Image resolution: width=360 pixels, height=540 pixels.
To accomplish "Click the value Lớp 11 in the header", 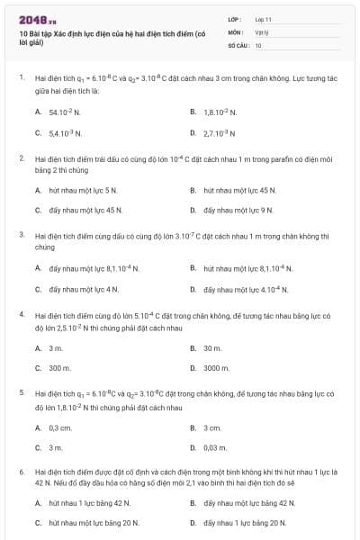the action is click(263, 19).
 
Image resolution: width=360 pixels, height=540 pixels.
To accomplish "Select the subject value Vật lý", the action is click(262, 31).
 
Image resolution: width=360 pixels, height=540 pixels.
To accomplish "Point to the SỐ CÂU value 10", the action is click(258, 44).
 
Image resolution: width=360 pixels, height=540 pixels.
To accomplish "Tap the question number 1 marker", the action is click(21, 78).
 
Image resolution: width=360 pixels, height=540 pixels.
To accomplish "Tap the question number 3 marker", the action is click(21, 234).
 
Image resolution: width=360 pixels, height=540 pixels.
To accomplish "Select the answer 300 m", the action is click(59, 368).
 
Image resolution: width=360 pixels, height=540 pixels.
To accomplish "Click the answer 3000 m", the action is click(217, 368).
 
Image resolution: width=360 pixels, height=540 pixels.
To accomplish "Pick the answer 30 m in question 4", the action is click(212, 347).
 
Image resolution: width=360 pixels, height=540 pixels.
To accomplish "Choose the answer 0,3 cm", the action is click(60, 427).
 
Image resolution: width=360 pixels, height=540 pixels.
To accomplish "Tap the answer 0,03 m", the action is click(216, 447).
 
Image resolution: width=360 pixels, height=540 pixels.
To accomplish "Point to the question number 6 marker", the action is click(21, 471).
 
